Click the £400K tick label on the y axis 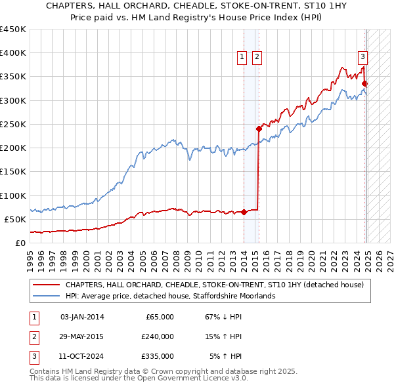pos(13,53)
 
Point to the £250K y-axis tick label pos(13,124)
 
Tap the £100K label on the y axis pos(13,195)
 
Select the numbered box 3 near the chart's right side pos(362,56)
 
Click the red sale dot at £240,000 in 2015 pos(259,129)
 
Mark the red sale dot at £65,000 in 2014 pos(244,212)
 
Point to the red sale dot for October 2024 pos(365,83)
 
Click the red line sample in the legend pos(47,285)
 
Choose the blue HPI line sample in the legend pos(47,296)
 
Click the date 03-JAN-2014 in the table pos(81,317)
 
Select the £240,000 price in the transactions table pos(158,336)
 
